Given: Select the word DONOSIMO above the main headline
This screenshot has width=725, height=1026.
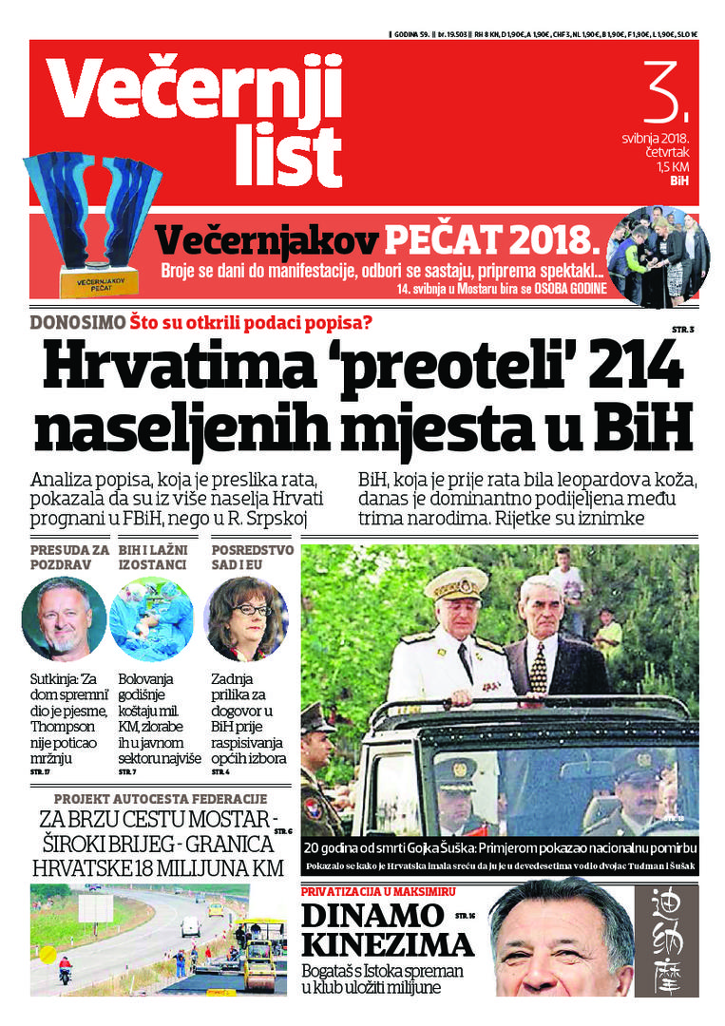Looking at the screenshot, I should tap(77, 321).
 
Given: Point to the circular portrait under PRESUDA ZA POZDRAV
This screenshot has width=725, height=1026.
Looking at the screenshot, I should tap(64, 618).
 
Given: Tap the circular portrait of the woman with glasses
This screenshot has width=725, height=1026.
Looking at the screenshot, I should tap(245, 618).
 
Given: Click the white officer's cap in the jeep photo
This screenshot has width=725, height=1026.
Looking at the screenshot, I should tap(457, 582).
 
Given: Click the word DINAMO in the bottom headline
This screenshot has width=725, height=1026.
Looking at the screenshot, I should tap(372, 916).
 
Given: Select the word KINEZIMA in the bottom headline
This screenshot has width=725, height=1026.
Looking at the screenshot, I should tap(388, 945).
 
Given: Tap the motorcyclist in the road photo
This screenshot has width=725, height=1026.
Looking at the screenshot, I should tap(65, 971).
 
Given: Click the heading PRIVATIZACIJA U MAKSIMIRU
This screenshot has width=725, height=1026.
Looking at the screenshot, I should tap(378, 892).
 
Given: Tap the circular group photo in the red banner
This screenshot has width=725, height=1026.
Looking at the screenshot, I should tap(658, 256).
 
